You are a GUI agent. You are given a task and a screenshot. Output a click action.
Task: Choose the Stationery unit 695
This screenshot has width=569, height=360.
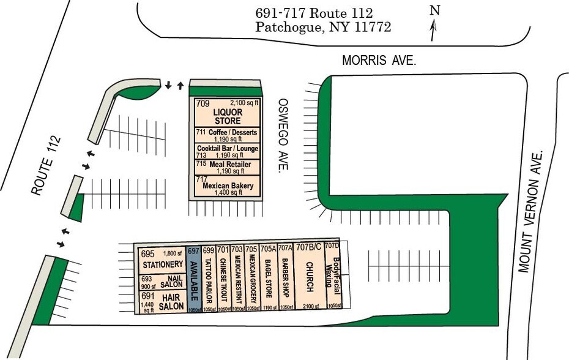click(162, 260)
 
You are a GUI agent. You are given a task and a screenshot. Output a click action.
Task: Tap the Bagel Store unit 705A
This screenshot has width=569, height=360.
click(268, 279)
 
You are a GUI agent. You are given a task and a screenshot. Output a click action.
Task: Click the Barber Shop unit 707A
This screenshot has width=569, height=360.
click(285, 279)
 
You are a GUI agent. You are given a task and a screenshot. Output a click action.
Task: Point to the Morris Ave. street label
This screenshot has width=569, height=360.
click(379, 61)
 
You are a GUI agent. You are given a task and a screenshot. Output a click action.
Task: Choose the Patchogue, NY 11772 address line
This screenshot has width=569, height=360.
click(322, 27)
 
